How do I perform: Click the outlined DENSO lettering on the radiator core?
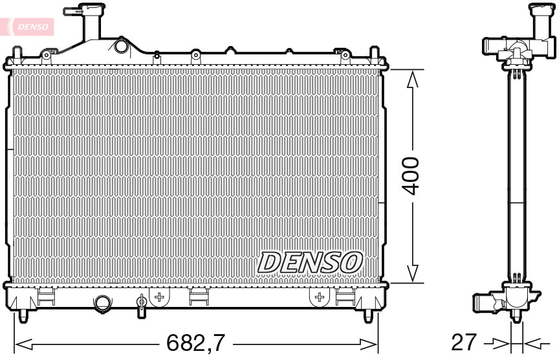[310, 262]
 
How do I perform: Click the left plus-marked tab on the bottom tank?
[159, 297]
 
